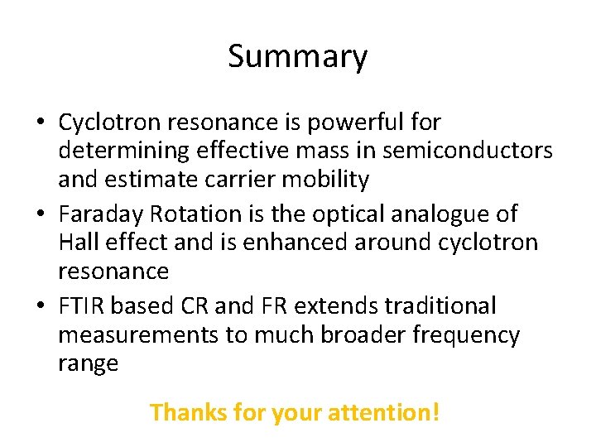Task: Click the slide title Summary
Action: pos(297,56)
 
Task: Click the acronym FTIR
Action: pos(82,305)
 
